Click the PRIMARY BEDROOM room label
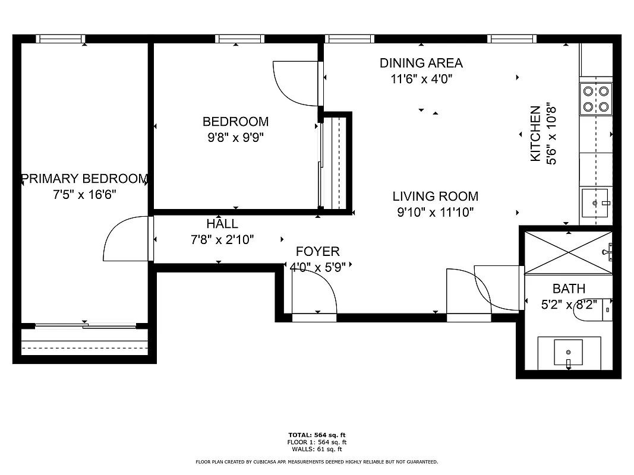(x=84, y=179)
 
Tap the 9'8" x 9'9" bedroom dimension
(x=235, y=138)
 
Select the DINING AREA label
(x=421, y=63)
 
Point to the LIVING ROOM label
(x=435, y=196)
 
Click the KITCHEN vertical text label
(x=535, y=134)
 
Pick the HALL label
(x=222, y=224)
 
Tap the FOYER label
(x=317, y=252)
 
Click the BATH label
(x=569, y=289)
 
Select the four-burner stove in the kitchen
(x=596, y=99)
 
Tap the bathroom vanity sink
(x=569, y=353)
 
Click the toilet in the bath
(x=594, y=309)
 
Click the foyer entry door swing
(x=315, y=294)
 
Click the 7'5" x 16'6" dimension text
(x=84, y=194)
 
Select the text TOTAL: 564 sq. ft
(x=317, y=435)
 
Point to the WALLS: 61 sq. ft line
(x=317, y=449)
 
